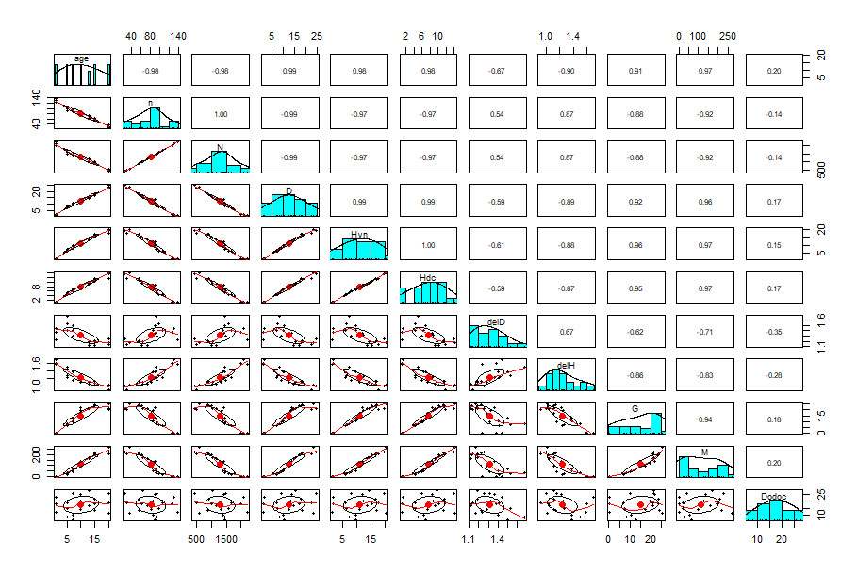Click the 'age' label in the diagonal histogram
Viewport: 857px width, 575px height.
pyautogui.click(x=81, y=58)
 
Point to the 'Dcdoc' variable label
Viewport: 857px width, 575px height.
pyautogui.click(x=773, y=495)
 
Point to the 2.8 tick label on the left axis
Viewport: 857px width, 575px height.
pyautogui.click(x=36, y=288)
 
